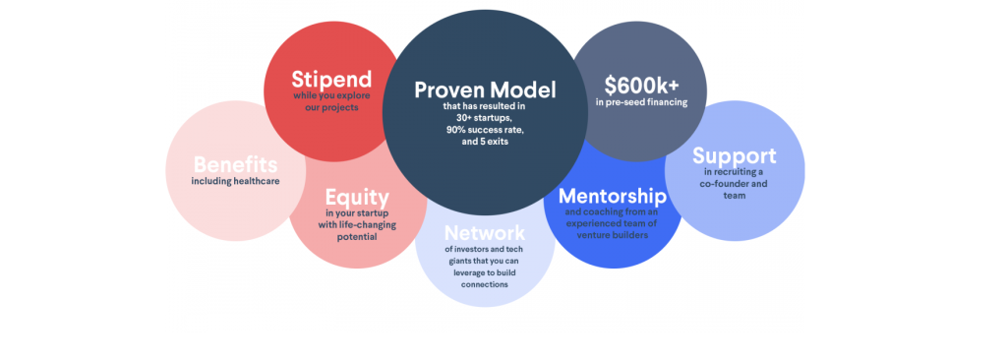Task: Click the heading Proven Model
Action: tap(485, 90)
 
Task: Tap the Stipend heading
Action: tap(331, 80)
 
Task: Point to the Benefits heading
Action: tap(236, 164)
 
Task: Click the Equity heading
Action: tap(357, 197)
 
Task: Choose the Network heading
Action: tap(485, 232)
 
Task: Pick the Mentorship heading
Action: tap(613, 196)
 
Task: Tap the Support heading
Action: tap(734, 156)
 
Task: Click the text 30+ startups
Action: tap(485, 118)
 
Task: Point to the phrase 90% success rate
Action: tap(485, 130)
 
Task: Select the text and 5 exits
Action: tap(485, 142)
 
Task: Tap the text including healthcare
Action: tap(236, 181)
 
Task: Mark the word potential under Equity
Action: tap(357, 237)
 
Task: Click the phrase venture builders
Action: tap(613, 235)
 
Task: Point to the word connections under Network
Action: tap(485, 284)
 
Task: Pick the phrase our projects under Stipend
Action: tap(331, 107)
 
